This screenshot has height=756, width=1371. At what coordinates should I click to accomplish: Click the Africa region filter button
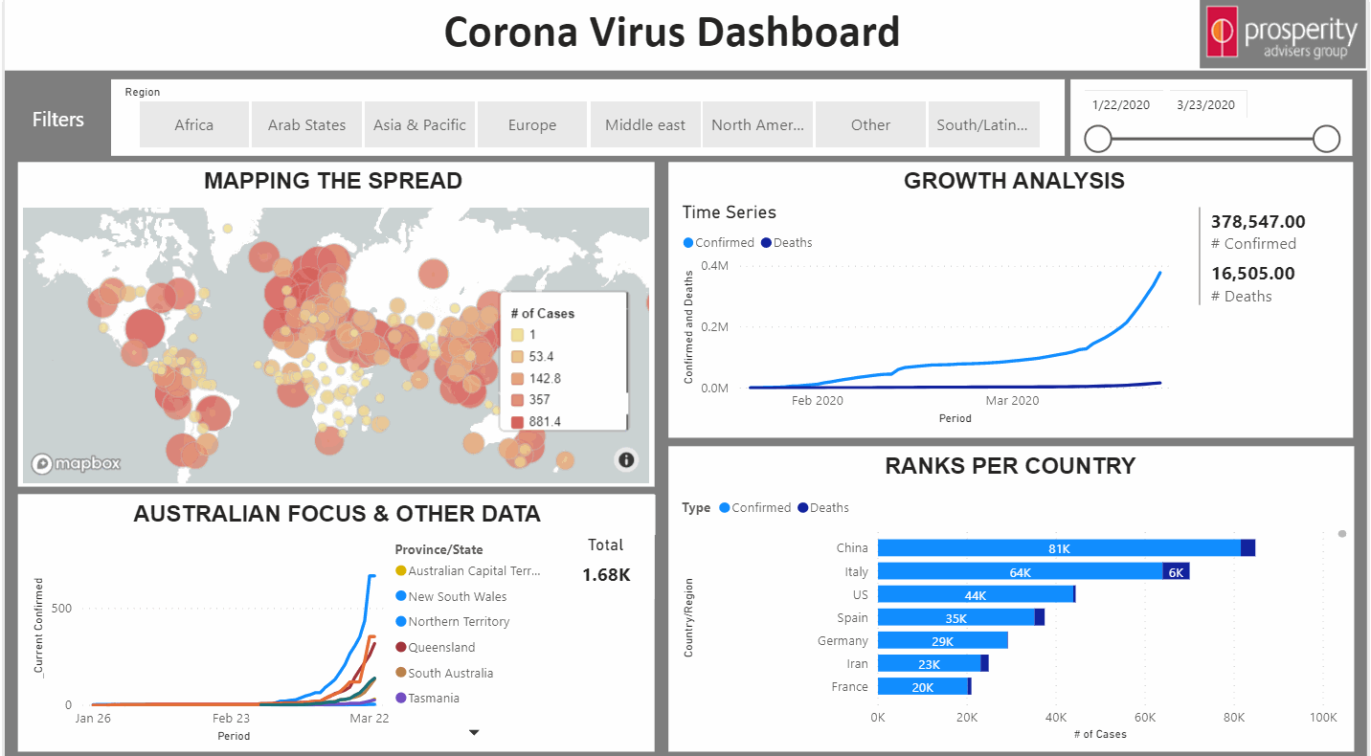click(x=194, y=124)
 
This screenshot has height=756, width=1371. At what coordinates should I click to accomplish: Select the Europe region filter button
click(x=532, y=124)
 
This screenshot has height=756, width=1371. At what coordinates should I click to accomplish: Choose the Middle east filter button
click(x=645, y=124)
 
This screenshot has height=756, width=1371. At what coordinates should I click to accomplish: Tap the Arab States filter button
click(x=306, y=124)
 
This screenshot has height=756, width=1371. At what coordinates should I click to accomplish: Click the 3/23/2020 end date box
click(x=1205, y=105)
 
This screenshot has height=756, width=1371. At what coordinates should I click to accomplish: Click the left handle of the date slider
click(x=1098, y=140)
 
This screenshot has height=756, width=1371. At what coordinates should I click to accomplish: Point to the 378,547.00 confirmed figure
click(x=1258, y=222)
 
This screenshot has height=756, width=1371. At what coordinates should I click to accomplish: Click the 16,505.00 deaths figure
click(x=1252, y=274)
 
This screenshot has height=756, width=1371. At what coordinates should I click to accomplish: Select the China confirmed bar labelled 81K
click(x=1059, y=548)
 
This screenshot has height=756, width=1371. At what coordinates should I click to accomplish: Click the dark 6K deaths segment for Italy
click(x=1177, y=572)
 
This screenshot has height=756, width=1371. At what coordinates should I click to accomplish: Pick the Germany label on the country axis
click(x=843, y=641)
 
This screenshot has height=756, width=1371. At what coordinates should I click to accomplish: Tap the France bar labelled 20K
click(x=923, y=687)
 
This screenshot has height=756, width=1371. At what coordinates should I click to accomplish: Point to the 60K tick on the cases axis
click(x=1145, y=717)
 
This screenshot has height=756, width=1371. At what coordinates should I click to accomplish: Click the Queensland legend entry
click(x=440, y=647)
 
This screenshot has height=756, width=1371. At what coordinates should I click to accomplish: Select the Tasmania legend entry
click(x=433, y=699)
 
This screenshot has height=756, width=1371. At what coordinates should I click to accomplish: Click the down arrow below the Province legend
click(x=473, y=733)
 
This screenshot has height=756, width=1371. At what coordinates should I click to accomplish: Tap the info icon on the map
click(x=627, y=460)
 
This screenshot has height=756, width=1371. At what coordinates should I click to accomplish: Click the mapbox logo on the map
click(x=77, y=464)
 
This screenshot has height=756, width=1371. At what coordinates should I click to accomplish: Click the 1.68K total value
click(x=606, y=575)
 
